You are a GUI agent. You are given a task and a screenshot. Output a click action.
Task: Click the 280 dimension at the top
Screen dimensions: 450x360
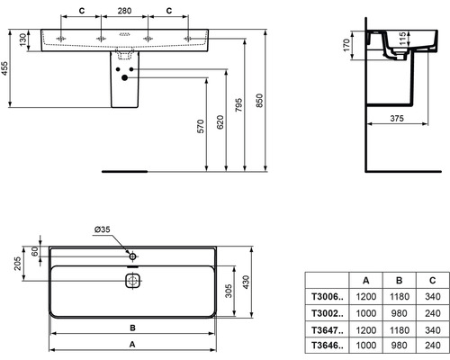point(124,11)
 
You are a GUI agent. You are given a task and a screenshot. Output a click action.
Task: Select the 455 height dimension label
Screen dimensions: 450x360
point(4,68)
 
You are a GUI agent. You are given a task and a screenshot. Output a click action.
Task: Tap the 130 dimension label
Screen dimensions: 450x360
point(22,40)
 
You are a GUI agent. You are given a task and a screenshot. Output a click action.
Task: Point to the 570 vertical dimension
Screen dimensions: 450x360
point(201,126)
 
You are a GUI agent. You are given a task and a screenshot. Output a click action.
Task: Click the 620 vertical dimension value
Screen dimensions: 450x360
point(220,121)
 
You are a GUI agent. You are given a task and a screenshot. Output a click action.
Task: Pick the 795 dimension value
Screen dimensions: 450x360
point(238,104)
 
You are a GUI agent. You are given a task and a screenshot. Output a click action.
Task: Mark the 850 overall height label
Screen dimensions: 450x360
point(259,101)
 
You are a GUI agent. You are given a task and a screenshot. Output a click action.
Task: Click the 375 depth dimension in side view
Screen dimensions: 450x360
point(397,119)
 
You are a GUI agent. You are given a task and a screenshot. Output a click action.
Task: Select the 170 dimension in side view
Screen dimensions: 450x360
point(346,45)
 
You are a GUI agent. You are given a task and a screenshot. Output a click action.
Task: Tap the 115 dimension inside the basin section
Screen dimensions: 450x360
point(402,39)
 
